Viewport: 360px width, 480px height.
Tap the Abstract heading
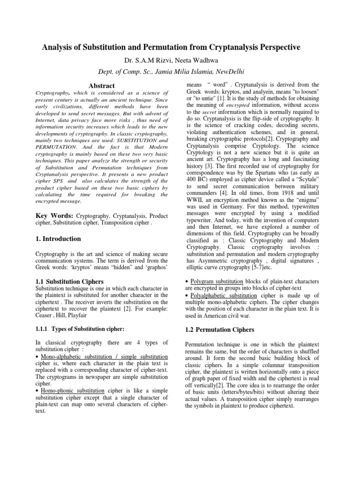pyautogui.click(x=102, y=85)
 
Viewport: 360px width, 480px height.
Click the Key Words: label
pyautogui.click(x=54, y=215)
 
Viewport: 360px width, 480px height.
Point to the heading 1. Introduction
pyautogui.click(x=59, y=239)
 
